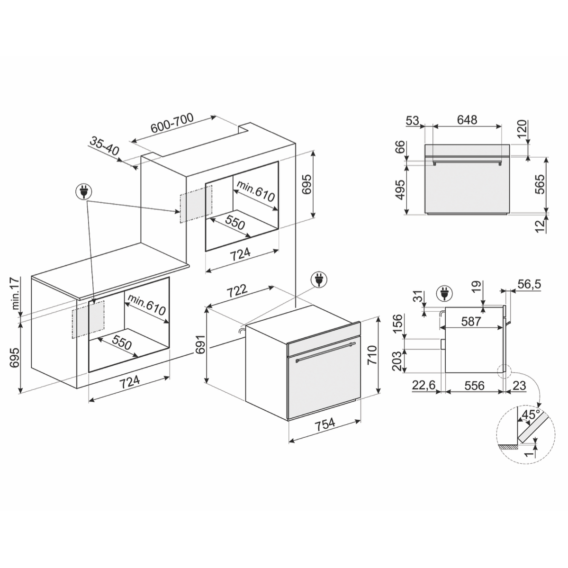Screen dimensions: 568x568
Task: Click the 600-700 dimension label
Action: (172, 123)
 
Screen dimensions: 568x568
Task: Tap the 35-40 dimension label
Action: (104, 146)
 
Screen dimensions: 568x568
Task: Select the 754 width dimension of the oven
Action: (325, 424)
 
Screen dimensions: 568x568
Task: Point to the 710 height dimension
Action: (372, 355)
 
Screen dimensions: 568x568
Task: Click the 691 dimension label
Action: (200, 344)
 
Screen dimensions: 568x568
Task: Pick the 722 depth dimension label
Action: (237, 290)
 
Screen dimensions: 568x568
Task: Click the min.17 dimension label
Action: (15, 293)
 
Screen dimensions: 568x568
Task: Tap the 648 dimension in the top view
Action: (467, 119)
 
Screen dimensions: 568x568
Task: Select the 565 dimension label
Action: (540, 184)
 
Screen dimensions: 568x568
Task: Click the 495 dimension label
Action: (400, 189)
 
